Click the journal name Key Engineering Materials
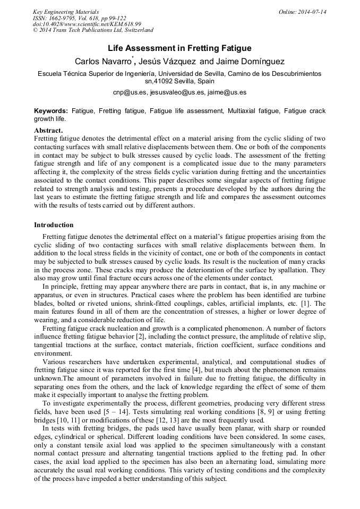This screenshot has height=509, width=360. pyautogui.click(x=66, y=12)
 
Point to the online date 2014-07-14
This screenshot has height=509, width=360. pyautogui.click(x=313, y=12)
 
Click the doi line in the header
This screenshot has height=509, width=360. pyautogui.click(x=87, y=24)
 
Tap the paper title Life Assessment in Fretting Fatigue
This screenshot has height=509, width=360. pyautogui.click(x=179, y=48)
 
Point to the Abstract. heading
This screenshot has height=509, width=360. pyautogui.click(x=48, y=130)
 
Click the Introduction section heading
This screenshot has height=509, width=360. pyautogui.click(x=54, y=225)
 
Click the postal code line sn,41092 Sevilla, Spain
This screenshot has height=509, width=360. pyautogui.click(x=179, y=82)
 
